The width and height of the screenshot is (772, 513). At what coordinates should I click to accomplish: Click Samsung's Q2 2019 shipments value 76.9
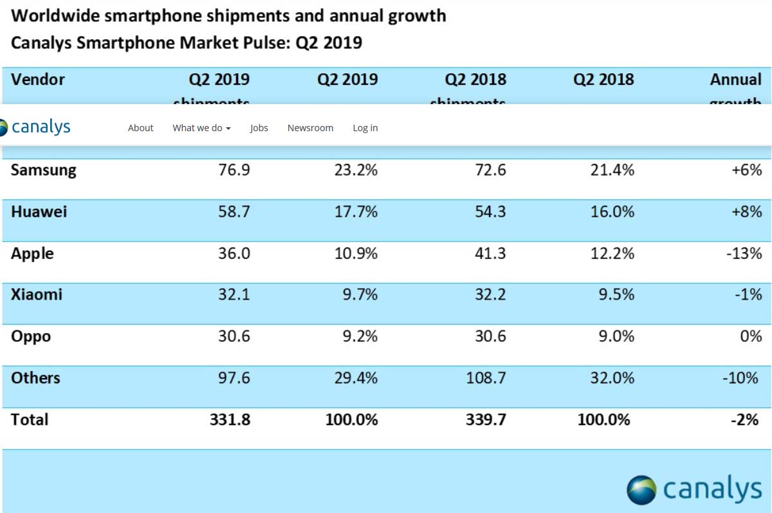point(234,170)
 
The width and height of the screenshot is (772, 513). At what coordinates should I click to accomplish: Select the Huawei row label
point(39,212)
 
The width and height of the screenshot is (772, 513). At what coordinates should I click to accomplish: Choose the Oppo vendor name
point(31,336)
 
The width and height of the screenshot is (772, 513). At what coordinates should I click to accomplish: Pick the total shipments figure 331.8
point(229,420)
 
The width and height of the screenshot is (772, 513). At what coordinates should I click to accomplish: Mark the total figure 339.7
point(486,420)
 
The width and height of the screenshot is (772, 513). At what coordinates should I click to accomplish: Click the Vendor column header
point(38,80)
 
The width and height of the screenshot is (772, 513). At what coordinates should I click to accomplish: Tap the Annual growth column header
point(735,80)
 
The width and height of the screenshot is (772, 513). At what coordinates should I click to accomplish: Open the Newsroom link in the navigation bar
point(310,128)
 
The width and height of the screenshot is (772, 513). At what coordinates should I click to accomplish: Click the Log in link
point(365,128)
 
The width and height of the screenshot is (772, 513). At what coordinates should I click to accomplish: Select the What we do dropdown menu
point(201,128)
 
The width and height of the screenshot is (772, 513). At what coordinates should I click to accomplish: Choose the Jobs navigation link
point(259,128)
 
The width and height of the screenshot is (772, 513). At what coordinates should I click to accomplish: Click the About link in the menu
point(140,128)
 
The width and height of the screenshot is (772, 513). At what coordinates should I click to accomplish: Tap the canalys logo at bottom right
point(694,490)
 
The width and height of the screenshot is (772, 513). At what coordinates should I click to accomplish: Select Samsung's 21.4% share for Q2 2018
point(612,170)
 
